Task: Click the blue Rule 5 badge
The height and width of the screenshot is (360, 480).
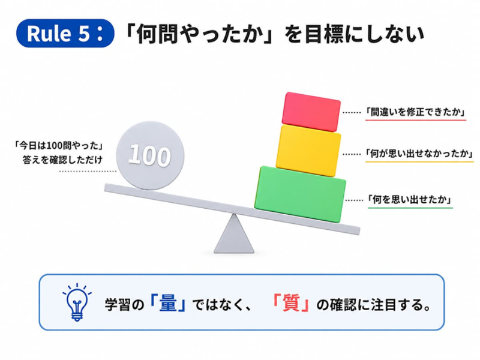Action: tap(65, 33)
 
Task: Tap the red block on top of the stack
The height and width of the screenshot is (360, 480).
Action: tap(311, 112)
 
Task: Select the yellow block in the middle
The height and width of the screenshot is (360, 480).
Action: tap(308, 151)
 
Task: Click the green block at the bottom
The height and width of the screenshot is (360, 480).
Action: tap(301, 194)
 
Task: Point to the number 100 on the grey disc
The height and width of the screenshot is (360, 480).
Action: tap(149, 155)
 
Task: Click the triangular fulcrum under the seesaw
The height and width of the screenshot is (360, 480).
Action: tap(234, 233)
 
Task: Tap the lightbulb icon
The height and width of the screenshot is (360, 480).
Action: tap(77, 302)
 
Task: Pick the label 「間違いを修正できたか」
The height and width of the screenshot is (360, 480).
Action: tap(415, 112)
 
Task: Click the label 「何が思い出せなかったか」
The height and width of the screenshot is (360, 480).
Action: tap(419, 153)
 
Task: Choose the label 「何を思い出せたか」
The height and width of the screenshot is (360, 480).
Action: tap(410, 200)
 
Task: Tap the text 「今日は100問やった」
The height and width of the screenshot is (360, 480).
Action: tap(58, 145)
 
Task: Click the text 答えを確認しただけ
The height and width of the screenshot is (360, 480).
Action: tap(62, 160)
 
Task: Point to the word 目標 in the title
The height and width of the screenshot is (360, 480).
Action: tap(320, 34)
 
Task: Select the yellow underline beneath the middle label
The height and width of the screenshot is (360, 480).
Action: tap(419, 161)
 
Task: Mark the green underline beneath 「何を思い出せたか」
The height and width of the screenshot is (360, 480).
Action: tap(410, 208)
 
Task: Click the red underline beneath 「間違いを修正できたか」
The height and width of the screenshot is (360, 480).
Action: tap(416, 119)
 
